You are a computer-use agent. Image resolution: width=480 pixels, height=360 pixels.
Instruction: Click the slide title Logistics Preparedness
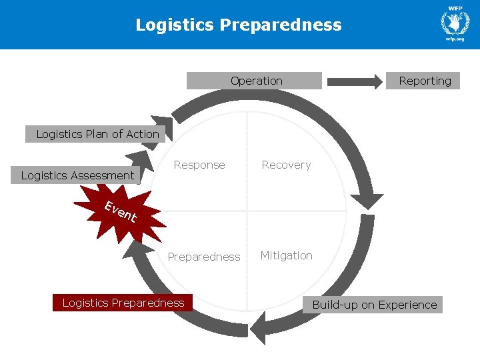click(x=239, y=25)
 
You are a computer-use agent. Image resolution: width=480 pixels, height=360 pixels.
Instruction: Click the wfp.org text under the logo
click(x=455, y=39)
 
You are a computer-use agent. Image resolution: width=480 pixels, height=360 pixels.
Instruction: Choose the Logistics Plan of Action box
click(x=97, y=134)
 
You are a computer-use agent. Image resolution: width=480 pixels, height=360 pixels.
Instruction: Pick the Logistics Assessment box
click(x=77, y=175)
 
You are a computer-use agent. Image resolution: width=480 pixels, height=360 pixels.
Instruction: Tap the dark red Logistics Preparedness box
click(x=123, y=303)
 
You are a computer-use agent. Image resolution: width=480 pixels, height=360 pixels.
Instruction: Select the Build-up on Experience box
click(x=375, y=305)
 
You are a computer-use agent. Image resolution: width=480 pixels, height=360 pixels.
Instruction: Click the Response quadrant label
click(x=199, y=165)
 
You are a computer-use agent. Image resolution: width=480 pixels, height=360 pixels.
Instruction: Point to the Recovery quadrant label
click(x=286, y=165)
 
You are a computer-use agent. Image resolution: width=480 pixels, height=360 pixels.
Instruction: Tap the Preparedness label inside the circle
click(x=204, y=257)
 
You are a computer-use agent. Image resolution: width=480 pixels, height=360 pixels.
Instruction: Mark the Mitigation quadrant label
click(x=286, y=255)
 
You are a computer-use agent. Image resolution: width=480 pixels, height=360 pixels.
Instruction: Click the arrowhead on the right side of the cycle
click(x=365, y=203)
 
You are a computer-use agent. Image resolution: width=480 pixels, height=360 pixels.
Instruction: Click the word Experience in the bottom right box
click(x=407, y=305)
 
